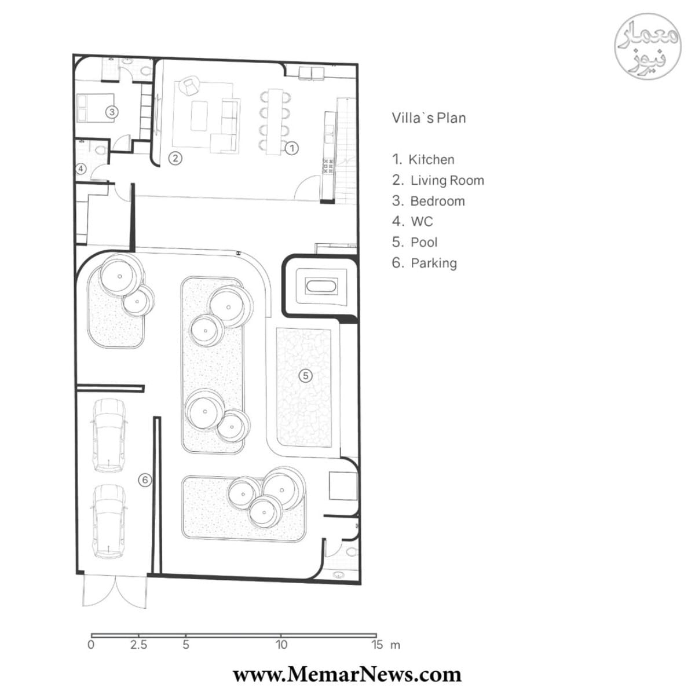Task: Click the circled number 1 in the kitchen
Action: [x=292, y=148]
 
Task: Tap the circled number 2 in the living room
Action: [x=175, y=158]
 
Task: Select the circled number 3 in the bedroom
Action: [x=112, y=112]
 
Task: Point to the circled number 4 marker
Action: [x=82, y=169]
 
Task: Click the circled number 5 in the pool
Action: [x=305, y=376]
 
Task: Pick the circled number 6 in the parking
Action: [x=145, y=480]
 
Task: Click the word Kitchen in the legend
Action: [x=431, y=159]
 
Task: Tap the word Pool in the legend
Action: [x=424, y=242]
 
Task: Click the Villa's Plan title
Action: [x=429, y=118]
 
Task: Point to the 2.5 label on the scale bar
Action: [x=139, y=645]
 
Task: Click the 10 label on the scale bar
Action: [x=281, y=645]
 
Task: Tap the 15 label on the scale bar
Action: [x=377, y=645]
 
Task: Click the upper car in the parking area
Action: [x=109, y=436]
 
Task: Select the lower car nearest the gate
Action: [x=109, y=521]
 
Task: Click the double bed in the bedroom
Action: [x=96, y=108]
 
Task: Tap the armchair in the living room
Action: [x=189, y=86]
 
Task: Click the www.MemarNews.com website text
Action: [x=348, y=675]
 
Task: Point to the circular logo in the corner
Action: [x=648, y=46]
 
